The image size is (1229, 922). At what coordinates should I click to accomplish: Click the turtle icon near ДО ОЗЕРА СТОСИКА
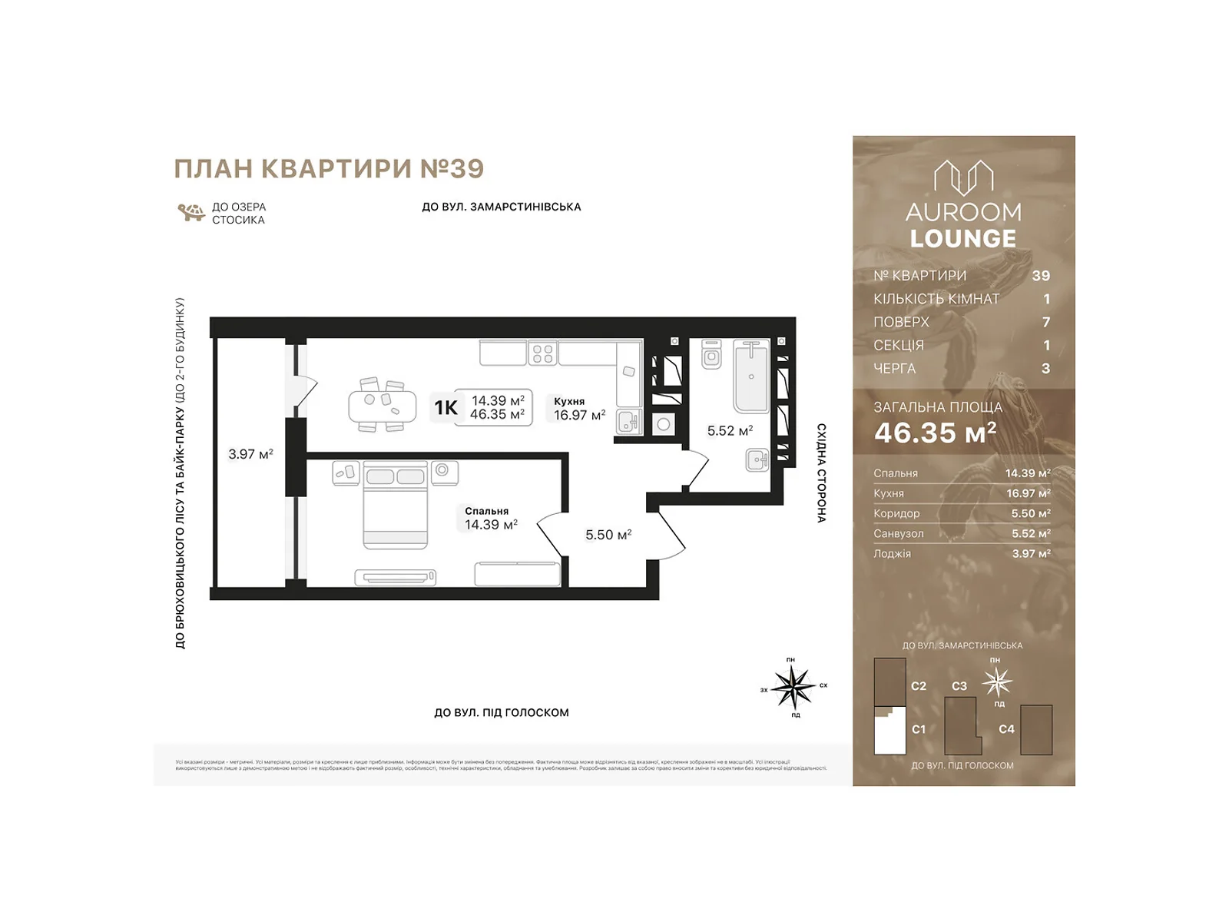pyautogui.click(x=190, y=212)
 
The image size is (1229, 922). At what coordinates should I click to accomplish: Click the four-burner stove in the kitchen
pyautogui.click(x=542, y=353)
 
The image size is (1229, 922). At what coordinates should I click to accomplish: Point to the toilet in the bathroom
pyautogui.click(x=711, y=354)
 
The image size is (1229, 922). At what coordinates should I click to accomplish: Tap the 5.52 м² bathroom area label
pyautogui.click(x=730, y=431)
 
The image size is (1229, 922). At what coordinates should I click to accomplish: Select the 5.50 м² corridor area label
pyautogui.click(x=608, y=535)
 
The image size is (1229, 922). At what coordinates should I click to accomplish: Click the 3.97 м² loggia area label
pyautogui.click(x=250, y=454)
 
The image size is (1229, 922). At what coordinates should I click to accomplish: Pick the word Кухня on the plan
pyautogui.click(x=569, y=401)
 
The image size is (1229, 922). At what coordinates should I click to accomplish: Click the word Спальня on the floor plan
pyautogui.click(x=486, y=511)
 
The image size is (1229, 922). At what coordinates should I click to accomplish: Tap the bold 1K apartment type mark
pyautogui.click(x=446, y=407)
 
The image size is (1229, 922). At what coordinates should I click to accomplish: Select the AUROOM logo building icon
pyautogui.click(x=963, y=178)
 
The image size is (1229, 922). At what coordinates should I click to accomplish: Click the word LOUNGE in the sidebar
pyautogui.click(x=963, y=239)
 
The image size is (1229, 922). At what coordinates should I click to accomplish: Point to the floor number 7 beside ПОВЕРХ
pyautogui.click(x=1045, y=322)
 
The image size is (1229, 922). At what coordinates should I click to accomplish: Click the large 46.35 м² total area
pyautogui.click(x=935, y=433)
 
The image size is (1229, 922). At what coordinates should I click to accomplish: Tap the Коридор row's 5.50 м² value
pyautogui.click(x=1030, y=513)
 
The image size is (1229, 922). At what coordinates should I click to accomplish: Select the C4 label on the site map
pyautogui.click(x=1006, y=729)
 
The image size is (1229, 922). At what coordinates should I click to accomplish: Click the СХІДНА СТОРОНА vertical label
pyautogui.click(x=821, y=473)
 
